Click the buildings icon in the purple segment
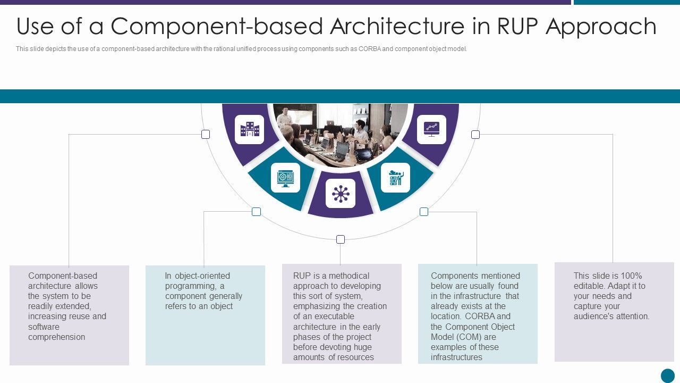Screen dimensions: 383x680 pyautogui.click(x=249, y=129)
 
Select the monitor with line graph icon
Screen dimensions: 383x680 pyautogui.click(x=431, y=129)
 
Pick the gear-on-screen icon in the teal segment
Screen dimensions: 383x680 pyautogui.click(x=285, y=178)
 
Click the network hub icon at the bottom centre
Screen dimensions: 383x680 pyautogui.click(x=341, y=194)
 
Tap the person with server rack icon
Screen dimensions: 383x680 pyautogui.click(x=396, y=178)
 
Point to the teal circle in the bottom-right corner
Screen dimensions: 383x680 pyautogui.click(x=667, y=376)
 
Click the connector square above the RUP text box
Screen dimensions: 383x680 pyautogui.click(x=341, y=239)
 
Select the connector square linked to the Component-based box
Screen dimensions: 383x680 pyautogui.click(x=206, y=135)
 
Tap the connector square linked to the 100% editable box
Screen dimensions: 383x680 pyautogui.click(x=475, y=135)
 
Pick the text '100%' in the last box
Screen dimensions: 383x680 pyautogui.click(x=631, y=276)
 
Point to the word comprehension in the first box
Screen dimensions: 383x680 pyautogui.click(x=56, y=337)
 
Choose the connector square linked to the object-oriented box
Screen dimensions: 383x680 pyautogui.click(x=256, y=212)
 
